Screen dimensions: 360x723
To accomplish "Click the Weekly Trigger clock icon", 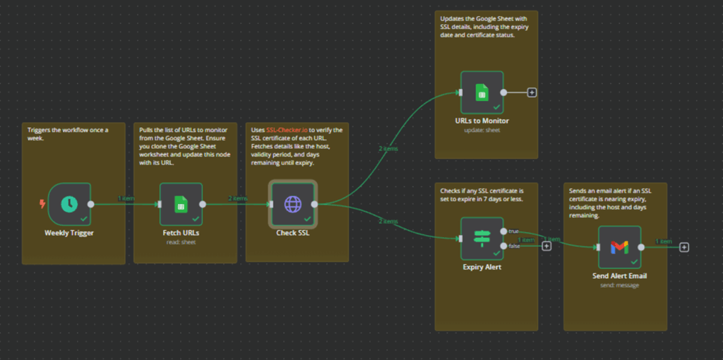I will (69, 204).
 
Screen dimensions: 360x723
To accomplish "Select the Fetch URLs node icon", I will (181, 204).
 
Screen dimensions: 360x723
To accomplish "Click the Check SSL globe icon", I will (292, 204).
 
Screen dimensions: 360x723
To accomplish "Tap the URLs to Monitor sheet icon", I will (482, 92).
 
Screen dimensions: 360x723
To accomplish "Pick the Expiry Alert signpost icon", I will (482, 239).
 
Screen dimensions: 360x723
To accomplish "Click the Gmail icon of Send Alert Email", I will (619, 247).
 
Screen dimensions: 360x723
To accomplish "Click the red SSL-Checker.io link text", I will (287, 129).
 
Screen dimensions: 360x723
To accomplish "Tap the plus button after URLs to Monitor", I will (532, 92).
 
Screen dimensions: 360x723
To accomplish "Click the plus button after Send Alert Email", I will (684, 247).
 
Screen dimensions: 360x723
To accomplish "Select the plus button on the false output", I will (546, 246).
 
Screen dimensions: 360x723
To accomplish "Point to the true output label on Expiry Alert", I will (513, 231).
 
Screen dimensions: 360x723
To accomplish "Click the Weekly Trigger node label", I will (68, 232).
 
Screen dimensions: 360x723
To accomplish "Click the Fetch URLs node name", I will (181, 232).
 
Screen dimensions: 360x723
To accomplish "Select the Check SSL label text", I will (292, 232).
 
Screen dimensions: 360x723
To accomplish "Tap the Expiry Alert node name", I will (482, 268).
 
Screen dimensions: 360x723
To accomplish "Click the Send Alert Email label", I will (619, 276).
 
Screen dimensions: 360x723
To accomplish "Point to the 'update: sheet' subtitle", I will (482, 130).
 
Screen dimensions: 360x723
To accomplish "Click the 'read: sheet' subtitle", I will (181, 241).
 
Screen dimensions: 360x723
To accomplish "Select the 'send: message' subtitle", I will (619, 285).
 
